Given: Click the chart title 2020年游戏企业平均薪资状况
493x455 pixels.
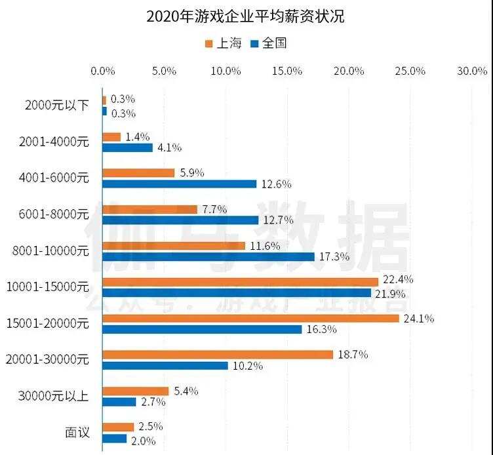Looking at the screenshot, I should [x=246, y=16].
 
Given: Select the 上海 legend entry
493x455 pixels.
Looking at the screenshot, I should [x=223, y=44].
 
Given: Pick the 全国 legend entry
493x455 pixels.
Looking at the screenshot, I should [x=269, y=44].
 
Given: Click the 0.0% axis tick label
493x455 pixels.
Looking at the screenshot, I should [x=103, y=71].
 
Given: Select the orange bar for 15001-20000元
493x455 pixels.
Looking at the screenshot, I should [x=251, y=319].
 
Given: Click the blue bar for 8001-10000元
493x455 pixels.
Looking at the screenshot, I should [x=208, y=256].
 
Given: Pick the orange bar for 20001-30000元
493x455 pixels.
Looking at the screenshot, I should [x=218, y=355].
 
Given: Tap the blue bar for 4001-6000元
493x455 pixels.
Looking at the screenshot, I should [x=180, y=184].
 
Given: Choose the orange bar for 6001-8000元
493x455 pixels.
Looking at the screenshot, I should [x=150, y=209].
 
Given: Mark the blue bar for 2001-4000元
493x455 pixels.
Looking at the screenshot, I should [x=128, y=148].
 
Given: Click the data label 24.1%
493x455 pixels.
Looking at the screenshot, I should [x=420, y=319].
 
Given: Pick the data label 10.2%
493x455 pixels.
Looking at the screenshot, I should [x=248, y=366].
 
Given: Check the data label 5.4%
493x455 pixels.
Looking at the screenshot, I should [x=187, y=391].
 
